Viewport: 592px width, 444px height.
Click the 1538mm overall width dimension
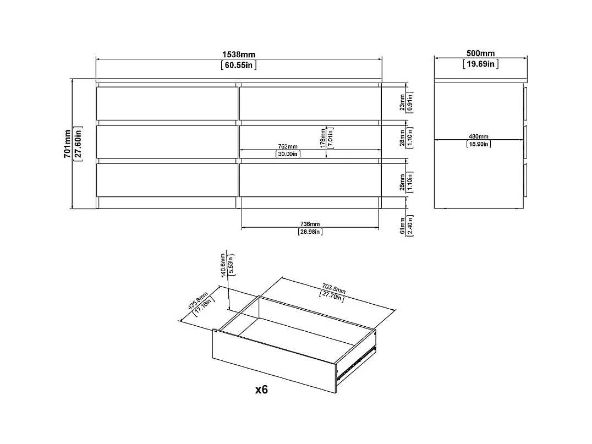click(x=239, y=54)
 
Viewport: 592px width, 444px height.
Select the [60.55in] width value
click(x=239, y=65)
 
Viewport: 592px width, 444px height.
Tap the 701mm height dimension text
click(x=67, y=144)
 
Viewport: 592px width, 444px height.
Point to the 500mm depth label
click(x=480, y=53)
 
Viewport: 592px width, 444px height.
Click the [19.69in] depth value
click(x=480, y=64)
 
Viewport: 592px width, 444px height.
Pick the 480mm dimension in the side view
click(x=479, y=136)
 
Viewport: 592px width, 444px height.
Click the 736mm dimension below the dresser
click(x=310, y=224)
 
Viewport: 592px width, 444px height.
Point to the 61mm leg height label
click(x=402, y=226)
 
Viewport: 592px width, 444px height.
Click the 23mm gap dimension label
click(x=402, y=102)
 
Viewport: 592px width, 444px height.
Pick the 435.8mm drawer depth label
click(x=197, y=301)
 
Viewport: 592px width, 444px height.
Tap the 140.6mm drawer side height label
click(x=223, y=266)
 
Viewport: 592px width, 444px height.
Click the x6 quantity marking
click(x=261, y=390)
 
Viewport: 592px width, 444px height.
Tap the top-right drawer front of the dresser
click(x=310, y=103)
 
